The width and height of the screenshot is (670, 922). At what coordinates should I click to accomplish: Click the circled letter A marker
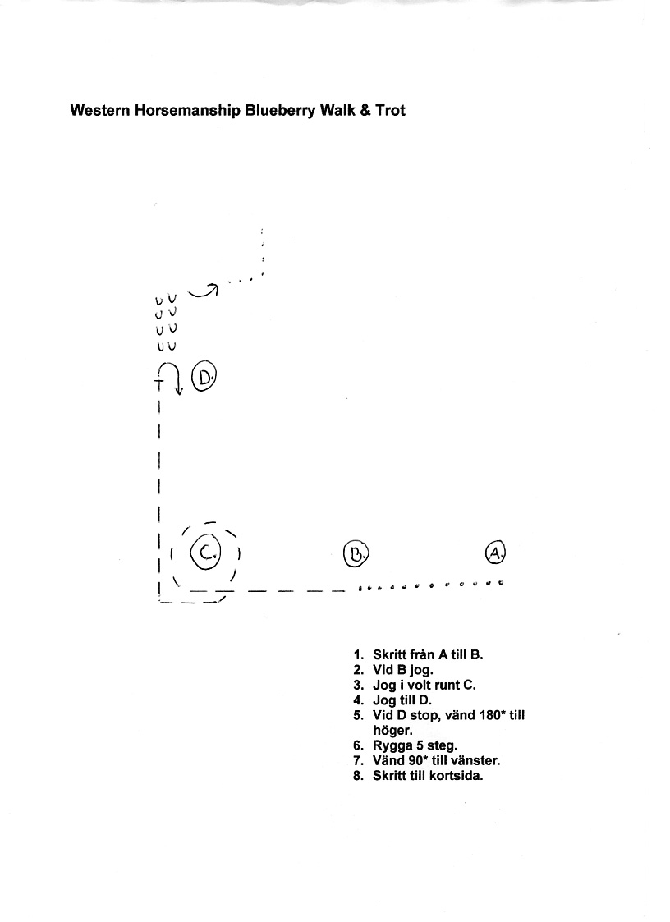click(495, 553)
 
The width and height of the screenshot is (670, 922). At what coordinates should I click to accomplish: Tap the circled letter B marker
click(356, 553)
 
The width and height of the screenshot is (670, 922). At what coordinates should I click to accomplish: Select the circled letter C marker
click(205, 553)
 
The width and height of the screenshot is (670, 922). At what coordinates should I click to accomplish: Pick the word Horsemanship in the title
click(188, 111)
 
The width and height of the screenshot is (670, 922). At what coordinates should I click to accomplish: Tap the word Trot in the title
click(391, 111)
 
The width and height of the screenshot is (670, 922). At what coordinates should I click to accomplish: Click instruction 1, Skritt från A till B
click(418, 655)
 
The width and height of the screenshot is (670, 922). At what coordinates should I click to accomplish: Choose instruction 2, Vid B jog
click(393, 670)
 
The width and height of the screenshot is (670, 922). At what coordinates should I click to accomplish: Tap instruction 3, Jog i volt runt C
click(415, 685)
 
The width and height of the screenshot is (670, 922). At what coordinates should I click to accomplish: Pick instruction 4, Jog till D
click(392, 700)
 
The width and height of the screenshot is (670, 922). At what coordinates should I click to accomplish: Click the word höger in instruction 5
click(392, 731)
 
